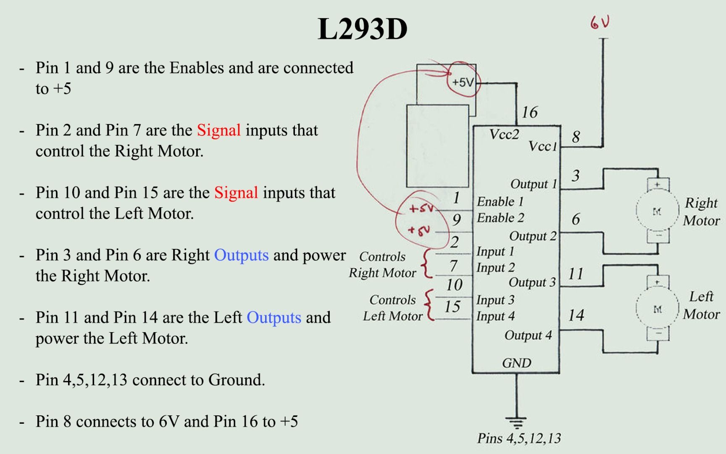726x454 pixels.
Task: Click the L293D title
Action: coord(362,29)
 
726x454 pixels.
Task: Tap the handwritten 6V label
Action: coord(600,22)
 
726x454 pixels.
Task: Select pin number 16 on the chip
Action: coord(529,112)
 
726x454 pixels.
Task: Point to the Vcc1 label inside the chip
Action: coord(542,146)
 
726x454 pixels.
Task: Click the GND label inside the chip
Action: coord(516,363)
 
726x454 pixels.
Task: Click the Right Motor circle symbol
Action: coord(658,211)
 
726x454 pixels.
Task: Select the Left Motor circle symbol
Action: coord(658,309)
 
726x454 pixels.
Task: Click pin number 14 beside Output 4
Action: coord(576,315)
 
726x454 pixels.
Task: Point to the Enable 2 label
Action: coord(500,218)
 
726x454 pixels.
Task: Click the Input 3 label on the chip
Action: coord(495,300)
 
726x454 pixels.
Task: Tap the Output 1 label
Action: coord(533,184)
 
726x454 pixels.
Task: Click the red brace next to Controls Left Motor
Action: coord(429,306)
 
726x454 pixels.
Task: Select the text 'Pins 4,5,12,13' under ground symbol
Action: coord(519,438)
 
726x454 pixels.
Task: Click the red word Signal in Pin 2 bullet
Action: coord(219,130)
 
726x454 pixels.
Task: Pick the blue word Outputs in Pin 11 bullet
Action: coord(274,317)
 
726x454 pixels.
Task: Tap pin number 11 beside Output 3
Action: coord(576,274)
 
